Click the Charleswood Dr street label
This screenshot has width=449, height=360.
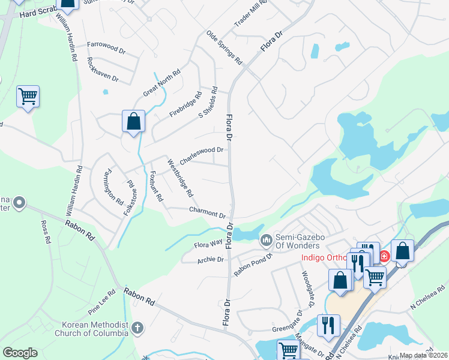[202, 155]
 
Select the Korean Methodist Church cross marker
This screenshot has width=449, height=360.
[137, 328]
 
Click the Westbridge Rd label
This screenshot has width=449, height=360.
[180, 178]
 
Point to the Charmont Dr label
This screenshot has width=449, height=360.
[207, 212]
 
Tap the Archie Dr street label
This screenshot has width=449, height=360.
[211, 260]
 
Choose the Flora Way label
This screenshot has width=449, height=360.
[208, 245]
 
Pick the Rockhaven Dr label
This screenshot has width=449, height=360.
[103, 70]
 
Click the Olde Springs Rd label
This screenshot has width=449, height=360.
[224, 48]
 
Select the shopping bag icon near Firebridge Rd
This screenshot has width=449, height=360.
[133, 121]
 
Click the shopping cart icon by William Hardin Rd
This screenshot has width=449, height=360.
[28, 96]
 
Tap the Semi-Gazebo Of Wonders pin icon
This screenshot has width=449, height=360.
[266, 240]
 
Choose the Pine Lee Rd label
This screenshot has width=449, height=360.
[101, 305]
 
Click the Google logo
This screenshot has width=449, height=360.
[20, 353]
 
